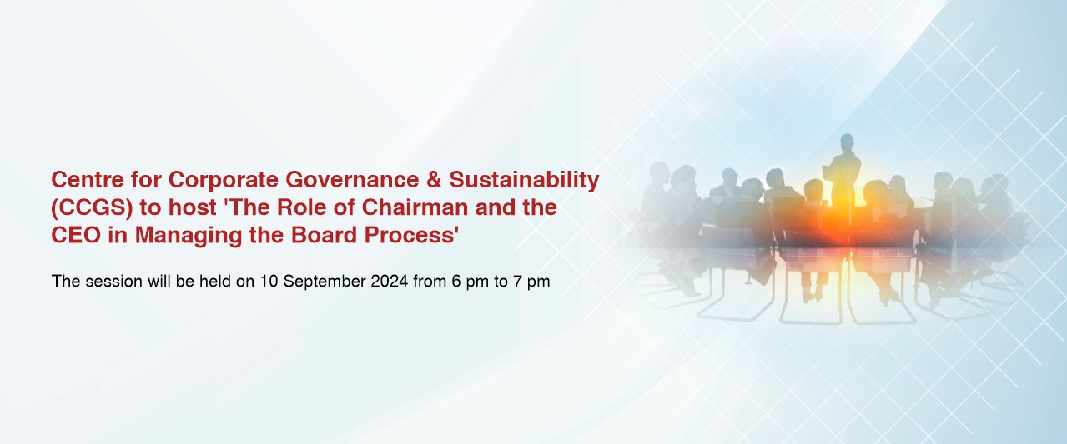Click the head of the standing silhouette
847,142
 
